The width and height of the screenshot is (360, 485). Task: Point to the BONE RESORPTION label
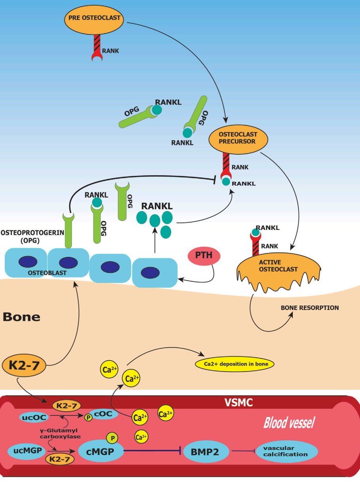click(x=309, y=308)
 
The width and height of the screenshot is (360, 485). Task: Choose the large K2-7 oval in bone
click(x=25, y=366)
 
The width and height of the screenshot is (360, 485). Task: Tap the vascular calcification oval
click(x=287, y=451)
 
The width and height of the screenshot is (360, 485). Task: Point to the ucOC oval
click(x=35, y=417)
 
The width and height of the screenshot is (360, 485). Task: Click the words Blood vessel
click(x=289, y=423)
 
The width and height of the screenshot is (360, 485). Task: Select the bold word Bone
click(x=22, y=317)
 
